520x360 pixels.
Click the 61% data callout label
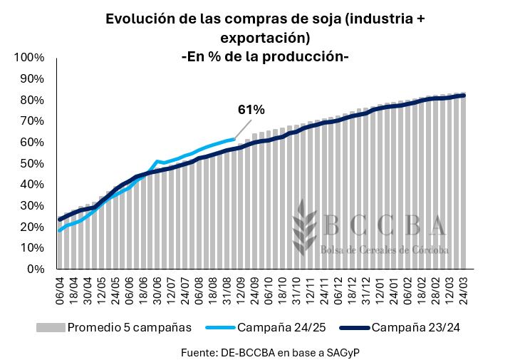coord(251,110)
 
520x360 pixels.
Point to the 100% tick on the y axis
coord(31,57)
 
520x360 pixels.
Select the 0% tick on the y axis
coord(36,269)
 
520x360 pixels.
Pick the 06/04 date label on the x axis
coord(61,292)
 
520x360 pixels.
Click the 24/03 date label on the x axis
coord(462,292)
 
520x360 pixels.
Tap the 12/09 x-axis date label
coord(240,292)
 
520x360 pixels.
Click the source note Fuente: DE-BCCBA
coord(264,351)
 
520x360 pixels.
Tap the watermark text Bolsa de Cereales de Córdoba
coord(385,250)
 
